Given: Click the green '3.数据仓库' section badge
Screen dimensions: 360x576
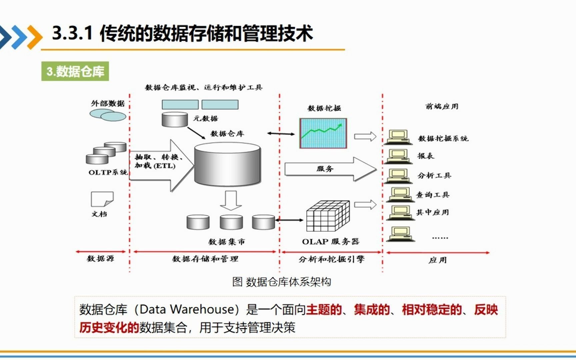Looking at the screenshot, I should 75,71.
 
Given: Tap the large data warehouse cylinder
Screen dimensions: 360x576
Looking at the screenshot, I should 227,164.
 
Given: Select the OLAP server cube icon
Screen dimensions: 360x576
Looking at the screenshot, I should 328,216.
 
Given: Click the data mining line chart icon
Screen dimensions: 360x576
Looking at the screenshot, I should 323,133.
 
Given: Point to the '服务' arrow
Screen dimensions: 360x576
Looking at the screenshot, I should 330,169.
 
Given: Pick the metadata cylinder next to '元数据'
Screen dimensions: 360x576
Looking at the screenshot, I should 175,119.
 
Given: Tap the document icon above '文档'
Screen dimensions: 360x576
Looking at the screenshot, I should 102,199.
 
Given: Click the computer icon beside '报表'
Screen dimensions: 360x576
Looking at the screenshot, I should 398,156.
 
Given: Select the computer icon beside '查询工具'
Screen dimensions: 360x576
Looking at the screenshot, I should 400,195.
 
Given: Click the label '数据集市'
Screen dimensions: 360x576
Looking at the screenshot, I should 227,242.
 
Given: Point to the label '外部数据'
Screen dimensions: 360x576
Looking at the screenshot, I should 108,103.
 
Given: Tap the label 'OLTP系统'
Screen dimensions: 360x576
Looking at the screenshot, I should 108,172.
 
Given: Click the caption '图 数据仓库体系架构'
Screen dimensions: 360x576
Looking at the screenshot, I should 282,282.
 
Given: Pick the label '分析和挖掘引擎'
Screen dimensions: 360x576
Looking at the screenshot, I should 331,259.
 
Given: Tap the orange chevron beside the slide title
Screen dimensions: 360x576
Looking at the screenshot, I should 35,37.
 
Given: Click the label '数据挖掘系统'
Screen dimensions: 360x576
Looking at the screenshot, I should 443,138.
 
